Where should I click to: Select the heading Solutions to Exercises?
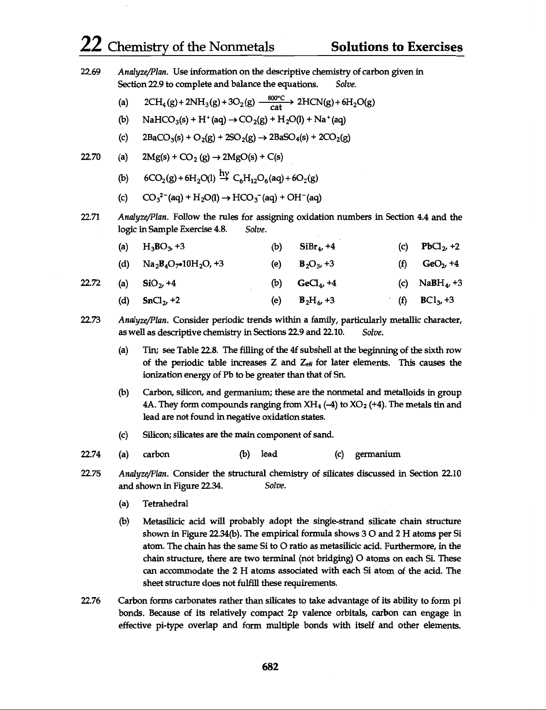(x=397, y=47)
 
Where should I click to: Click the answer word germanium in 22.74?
(x=377, y=454)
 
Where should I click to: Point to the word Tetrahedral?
(x=165, y=503)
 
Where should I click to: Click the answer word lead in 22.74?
(x=269, y=454)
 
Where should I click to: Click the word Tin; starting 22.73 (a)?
(x=151, y=351)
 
